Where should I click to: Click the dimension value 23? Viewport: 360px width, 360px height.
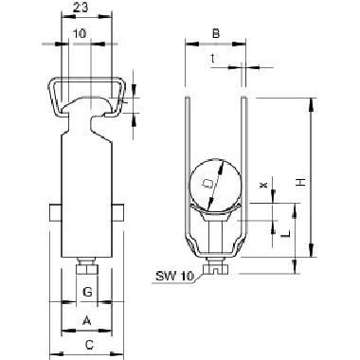tap(81, 8)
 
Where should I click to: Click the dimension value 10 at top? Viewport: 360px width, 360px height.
tap(80, 33)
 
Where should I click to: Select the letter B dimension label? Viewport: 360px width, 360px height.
tap(216, 33)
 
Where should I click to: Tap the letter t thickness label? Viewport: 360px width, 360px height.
tap(213, 58)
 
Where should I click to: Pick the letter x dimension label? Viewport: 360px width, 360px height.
tap(262, 185)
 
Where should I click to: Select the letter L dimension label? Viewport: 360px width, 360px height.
tap(285, 234)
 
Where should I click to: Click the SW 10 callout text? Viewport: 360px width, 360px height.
tap(174, 277)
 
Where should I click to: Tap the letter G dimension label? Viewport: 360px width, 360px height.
tap(87, 292)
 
